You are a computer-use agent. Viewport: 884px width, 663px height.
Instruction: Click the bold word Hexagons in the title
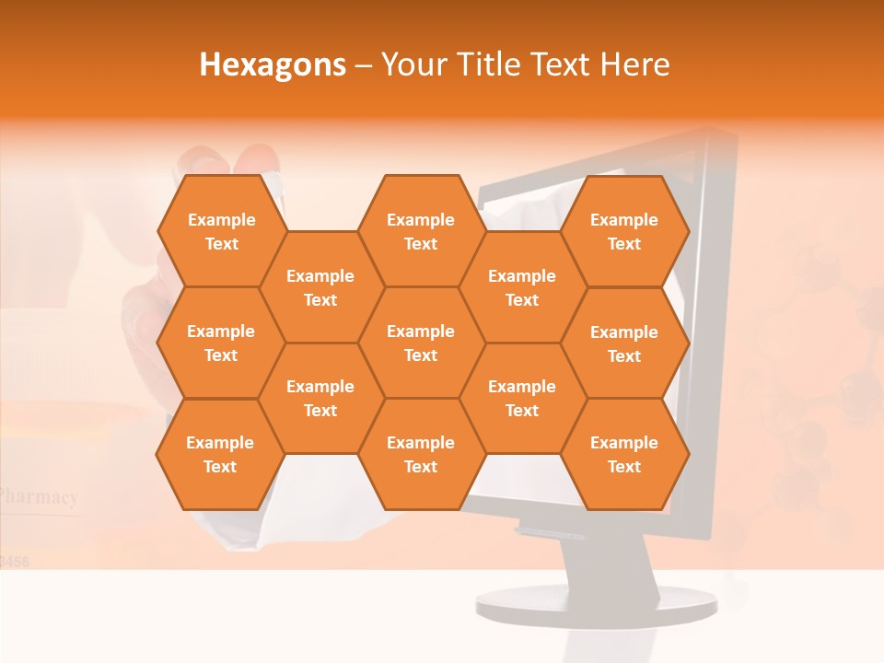(273, 64)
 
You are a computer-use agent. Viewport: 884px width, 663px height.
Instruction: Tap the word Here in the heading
(634, 64)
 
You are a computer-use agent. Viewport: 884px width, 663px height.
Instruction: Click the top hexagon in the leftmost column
(221, 231)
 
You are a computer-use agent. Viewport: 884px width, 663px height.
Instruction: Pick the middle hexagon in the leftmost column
(221, 343)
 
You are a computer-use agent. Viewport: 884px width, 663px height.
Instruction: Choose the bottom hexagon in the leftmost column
(220, 454)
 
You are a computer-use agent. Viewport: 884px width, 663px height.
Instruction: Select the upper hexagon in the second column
(320, 287)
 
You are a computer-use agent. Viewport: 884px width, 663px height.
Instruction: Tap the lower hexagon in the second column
(320, 398)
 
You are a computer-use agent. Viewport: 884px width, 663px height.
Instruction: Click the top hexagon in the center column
(421, 231)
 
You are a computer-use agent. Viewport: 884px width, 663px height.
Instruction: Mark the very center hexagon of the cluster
(421, 343)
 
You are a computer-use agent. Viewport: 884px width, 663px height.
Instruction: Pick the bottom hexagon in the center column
(421, 454)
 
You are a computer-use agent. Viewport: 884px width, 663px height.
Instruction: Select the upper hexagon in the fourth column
(522, 287)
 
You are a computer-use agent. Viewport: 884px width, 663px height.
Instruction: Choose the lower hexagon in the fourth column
(522, 398)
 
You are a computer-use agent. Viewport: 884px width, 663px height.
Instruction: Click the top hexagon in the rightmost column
(624, 231)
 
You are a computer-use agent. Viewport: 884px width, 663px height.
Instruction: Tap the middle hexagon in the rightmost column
(624, 343)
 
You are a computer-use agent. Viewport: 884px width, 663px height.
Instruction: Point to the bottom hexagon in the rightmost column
(624, 454)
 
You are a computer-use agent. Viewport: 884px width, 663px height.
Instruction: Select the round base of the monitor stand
(596, 603)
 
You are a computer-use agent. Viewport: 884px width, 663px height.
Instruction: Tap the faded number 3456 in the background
(15, 560)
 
